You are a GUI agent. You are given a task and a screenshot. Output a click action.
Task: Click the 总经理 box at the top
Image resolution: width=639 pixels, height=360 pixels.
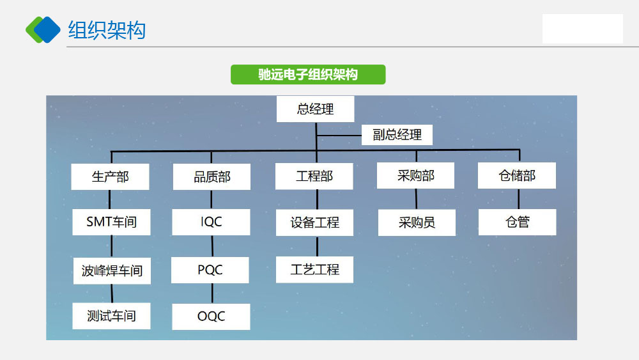(x=316, y=109)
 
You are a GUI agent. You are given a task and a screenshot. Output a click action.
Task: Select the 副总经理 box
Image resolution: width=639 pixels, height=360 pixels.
(x=397, y=135)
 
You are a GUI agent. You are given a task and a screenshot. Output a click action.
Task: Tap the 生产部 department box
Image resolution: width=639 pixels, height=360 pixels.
(x=110, y=176)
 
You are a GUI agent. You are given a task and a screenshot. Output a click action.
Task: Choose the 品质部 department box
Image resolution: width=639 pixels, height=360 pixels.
(x=212, y=176)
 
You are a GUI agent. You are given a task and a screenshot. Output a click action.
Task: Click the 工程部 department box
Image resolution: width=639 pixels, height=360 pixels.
(x=314, y=176)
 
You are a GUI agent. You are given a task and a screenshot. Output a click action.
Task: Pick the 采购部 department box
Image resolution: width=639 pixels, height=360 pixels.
(x=416, y=176)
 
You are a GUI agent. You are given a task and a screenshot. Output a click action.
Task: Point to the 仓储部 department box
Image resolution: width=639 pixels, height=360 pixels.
(x=517, y=176)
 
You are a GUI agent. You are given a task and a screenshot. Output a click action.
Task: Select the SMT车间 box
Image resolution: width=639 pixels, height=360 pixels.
(x=111, y=222)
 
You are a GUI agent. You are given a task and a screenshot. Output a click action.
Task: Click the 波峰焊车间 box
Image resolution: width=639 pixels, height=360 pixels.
(x=112, y=270)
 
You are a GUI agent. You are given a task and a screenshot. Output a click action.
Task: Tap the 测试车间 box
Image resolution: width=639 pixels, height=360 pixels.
(x=111, y=316)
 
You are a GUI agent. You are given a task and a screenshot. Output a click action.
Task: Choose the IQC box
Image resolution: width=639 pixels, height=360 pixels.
(x=211, y=222)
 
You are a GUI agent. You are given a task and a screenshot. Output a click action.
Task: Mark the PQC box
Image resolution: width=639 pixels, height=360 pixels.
(x=210, y=270)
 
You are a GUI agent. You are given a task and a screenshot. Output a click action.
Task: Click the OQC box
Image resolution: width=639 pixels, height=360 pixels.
(x=211, y=317)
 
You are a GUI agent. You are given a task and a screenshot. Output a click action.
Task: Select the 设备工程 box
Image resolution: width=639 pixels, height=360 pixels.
(x=314, y=223)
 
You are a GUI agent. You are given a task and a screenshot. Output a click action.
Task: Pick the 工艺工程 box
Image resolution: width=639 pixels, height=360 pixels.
(x=314, y=269)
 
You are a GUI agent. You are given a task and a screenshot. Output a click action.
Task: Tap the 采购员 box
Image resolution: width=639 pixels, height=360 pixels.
(x=417, y=223)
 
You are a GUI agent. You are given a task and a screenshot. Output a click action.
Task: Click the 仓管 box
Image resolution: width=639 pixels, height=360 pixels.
(x=517, y=222)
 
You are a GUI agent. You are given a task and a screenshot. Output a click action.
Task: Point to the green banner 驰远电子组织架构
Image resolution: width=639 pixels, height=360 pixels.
(x=308, y=75)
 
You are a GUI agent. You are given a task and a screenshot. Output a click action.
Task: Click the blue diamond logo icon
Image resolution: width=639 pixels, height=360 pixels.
(x=43, y=30)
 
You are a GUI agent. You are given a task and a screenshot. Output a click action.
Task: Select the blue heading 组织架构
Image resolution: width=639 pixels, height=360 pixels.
(x=107, y=30)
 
